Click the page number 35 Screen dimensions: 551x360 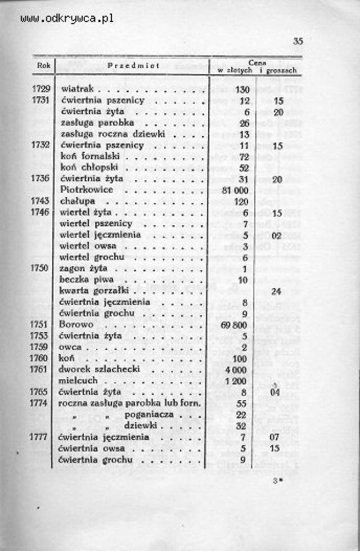(298, 41)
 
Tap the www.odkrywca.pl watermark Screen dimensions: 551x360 (66, 19)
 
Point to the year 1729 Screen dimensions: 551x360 (42, 89)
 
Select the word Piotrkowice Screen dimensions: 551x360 (86, 190)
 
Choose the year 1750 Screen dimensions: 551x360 (42, 268)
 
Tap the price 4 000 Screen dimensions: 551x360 (237, 370)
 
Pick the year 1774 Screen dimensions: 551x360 (42, 404)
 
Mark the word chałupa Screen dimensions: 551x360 (77, 201)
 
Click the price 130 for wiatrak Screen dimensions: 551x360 (242, 89)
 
